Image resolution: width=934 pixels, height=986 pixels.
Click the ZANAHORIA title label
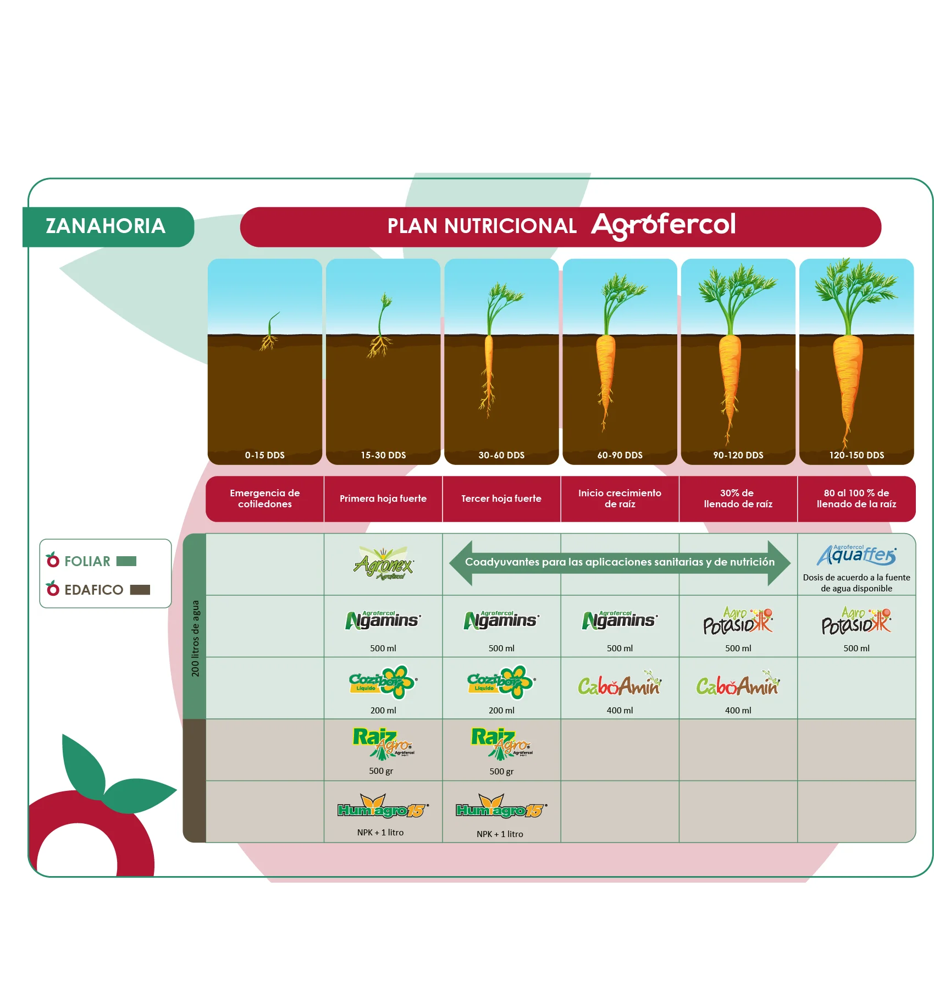pos(106,226)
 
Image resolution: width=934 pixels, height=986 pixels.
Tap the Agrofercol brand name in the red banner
pos(663,225)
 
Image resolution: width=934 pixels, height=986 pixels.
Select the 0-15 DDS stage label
pos(264,455)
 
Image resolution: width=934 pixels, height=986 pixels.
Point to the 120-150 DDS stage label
pos(856,455)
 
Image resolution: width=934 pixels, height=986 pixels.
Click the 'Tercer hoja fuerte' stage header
pos(501,498)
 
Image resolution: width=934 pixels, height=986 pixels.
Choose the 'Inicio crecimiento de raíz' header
pos(620,498)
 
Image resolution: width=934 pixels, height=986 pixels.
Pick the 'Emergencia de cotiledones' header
pos(264,498)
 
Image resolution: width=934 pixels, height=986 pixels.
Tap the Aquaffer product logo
pos(856,555)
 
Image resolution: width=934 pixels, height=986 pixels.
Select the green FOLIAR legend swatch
pos(126,561)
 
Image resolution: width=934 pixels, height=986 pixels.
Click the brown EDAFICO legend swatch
pos(140,590)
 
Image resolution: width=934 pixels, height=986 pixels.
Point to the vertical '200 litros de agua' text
pos(195,638)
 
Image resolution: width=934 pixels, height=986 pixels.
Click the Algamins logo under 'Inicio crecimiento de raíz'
pos(620,621)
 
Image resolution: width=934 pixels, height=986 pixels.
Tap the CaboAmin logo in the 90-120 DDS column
pos(738,685)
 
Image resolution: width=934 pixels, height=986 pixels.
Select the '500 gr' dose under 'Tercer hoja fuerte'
pos(501,771)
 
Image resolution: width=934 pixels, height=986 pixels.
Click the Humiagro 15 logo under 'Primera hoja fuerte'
pos(383,807)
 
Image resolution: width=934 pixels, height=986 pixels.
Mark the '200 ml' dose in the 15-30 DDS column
pos(383,710)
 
